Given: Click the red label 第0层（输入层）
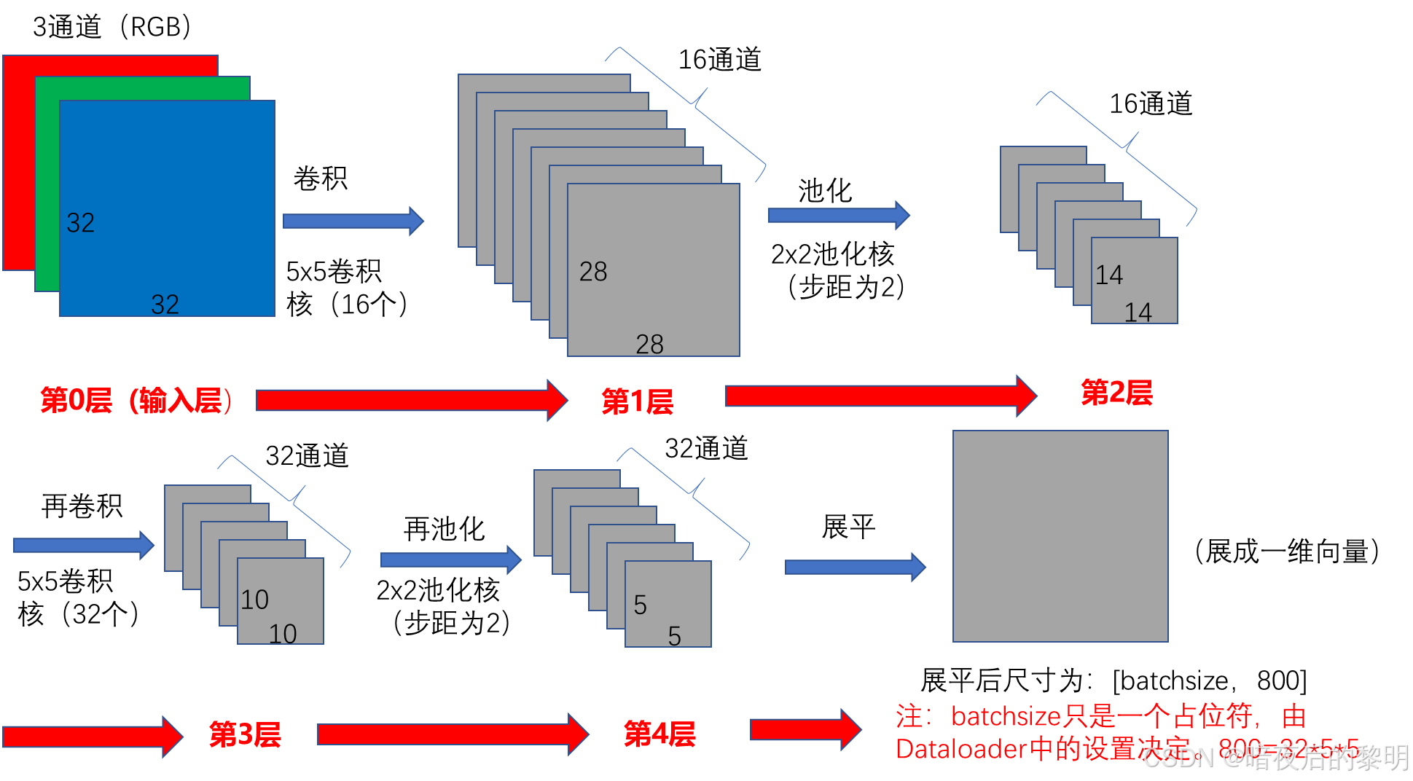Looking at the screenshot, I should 136,401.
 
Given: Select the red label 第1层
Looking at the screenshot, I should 638,402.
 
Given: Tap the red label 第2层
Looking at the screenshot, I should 1116,393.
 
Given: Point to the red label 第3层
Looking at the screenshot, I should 245,734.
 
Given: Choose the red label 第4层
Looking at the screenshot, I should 659,734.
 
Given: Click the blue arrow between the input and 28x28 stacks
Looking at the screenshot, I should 353,221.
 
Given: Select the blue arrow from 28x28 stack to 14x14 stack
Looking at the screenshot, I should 838,215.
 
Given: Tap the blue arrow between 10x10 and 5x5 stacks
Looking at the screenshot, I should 450,560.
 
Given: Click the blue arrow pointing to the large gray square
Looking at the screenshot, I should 854,567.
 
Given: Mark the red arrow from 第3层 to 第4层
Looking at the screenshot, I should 452,734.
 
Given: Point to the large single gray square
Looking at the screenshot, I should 1060,536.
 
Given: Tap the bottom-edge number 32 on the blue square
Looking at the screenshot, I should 165,305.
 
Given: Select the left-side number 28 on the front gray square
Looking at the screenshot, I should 593,272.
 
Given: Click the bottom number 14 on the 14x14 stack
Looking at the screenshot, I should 1138,313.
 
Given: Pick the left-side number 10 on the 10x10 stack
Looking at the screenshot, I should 255,600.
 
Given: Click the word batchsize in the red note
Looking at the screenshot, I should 1006,717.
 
